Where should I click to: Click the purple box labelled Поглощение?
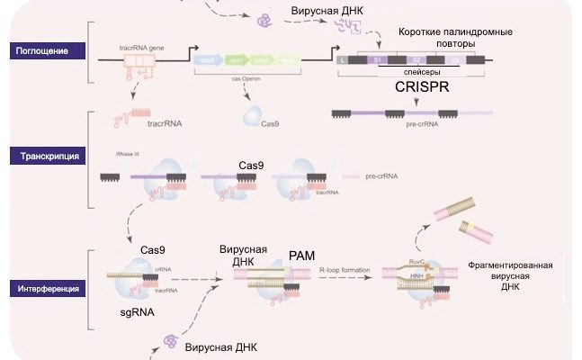[42, 50]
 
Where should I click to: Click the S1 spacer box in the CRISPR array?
[376, 59]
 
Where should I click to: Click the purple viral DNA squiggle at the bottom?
[167, 339]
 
